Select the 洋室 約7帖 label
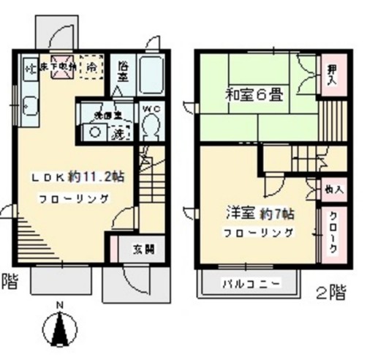coord(259,216)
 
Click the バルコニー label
coord(250,285)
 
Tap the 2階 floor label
coord(331,293)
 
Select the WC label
coord(151,109)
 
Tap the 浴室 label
coord(124,72)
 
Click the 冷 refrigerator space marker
coord(92,66)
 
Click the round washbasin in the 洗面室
coord(96,132)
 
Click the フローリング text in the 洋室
coord(259,233)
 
